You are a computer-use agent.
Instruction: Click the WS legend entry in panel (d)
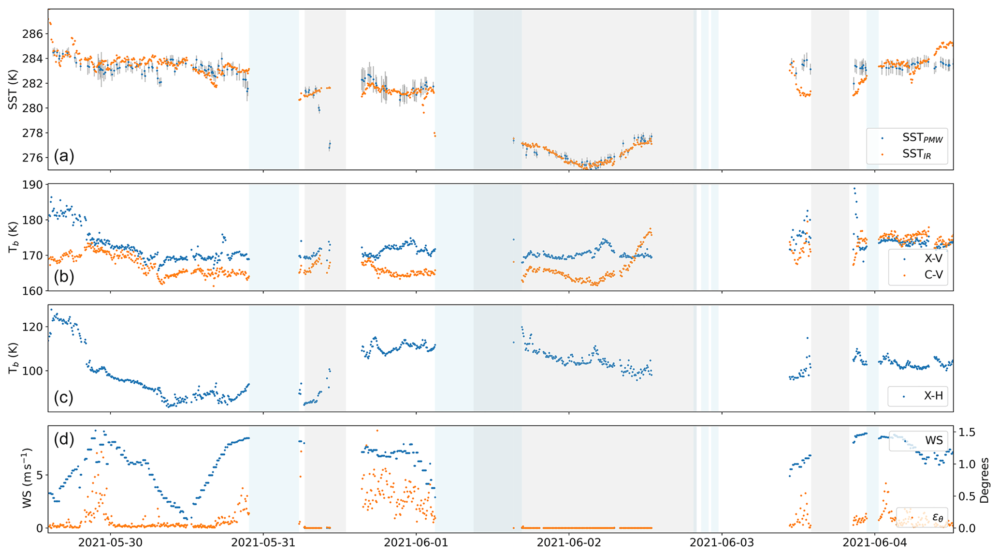933,440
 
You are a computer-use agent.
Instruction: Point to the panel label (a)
64,156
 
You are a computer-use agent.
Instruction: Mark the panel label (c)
64,397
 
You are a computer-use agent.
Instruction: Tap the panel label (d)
64,439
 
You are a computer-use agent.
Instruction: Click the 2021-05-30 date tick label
111,543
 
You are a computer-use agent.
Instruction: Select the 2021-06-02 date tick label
569,543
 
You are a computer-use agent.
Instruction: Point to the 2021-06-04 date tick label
875,543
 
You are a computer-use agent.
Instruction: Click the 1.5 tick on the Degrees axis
968,432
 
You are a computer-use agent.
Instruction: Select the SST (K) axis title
13,90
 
